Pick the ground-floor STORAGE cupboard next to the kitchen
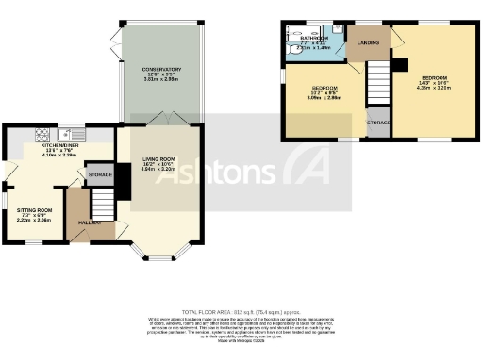click(100, 175)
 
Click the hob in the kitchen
click(42, 133)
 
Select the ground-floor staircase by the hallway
click(101, 200)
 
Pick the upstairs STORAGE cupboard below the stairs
click(378, 123)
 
